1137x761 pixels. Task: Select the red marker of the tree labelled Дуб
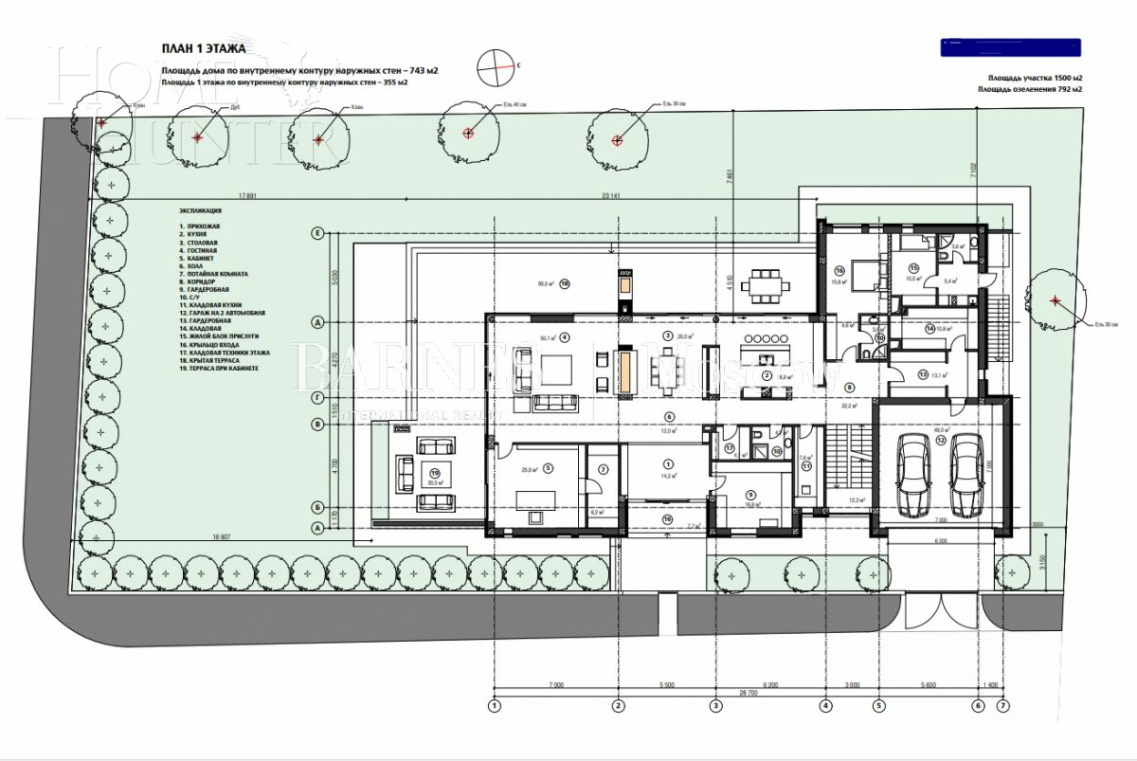(197, 138)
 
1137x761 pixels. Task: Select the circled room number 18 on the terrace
(564, 282)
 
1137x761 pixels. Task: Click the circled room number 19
(435, 471)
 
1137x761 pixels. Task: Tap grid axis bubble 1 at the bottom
(493, 705)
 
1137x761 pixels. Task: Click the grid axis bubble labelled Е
(319, 232)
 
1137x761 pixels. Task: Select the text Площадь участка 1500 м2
(1035, 77)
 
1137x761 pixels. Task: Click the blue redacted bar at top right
(1010, 45)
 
